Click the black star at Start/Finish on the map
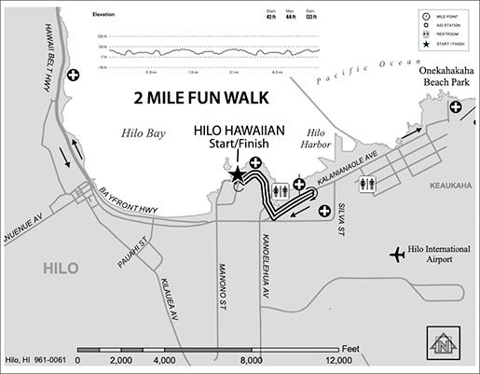coord(238,174)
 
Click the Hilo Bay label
coord(143,133)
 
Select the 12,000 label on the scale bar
coord(336,359)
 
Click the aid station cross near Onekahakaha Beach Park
coord(456,109)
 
